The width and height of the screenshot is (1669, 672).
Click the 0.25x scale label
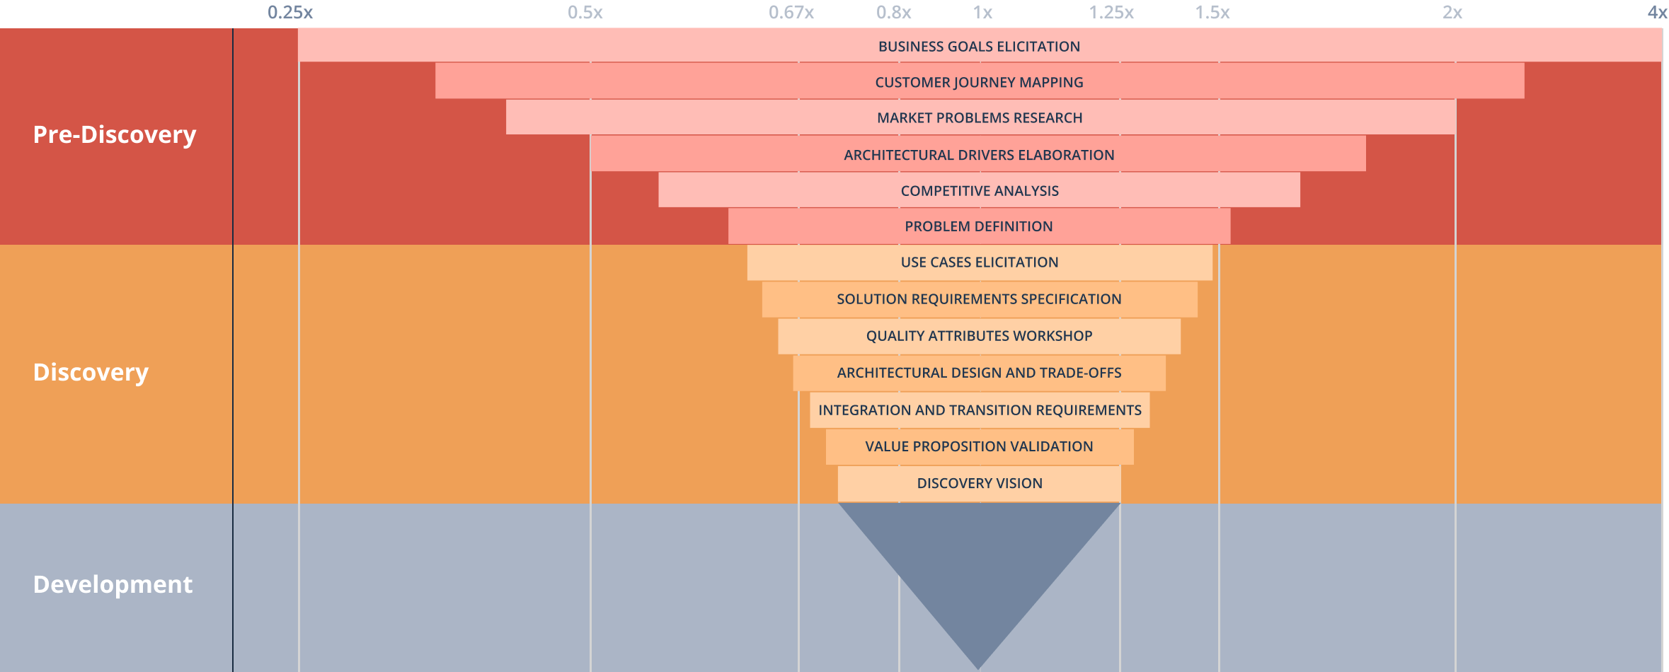point(290,13)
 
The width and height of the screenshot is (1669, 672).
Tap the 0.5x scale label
point(585,13)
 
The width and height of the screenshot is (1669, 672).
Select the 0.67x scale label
point(791,13)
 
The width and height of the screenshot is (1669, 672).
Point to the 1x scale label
point(983,13)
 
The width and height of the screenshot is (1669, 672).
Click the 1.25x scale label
point(1111,13)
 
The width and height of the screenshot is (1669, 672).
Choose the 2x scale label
point(1452,13)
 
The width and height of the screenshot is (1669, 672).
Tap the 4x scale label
point(1657,13)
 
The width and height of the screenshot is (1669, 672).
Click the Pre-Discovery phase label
point(115,134)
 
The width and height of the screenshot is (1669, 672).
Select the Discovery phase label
point(91,372)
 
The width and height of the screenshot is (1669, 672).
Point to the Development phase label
point(113,584)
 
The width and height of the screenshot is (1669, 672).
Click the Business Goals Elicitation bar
point(980,45)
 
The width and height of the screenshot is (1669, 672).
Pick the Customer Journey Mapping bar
point(980,81)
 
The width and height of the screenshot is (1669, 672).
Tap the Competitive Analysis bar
point(980,190)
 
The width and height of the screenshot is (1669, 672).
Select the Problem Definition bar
point(980,226)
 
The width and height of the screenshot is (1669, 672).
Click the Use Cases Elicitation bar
point(980,262)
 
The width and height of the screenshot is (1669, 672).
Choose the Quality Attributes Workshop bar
point(980,336)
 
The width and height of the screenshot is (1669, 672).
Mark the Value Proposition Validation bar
point(980,446)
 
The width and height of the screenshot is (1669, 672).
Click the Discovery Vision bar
point(980,483)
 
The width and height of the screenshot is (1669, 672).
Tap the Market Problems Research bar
point(981,117)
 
